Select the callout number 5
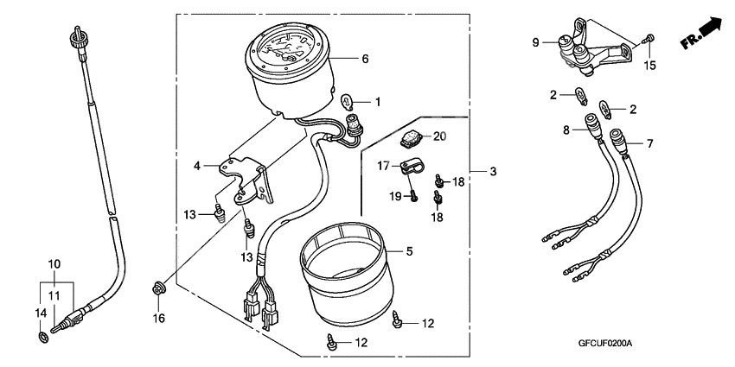tap(411, 251)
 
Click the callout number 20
tap(439, 136)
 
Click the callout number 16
tap(158, 319)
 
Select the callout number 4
tap(197, 164)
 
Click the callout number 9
tap(535, 41)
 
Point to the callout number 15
tap(653, 66)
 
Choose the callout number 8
tap(567, 131)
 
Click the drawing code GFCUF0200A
tap(606, 343)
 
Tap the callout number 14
tap(40, 312)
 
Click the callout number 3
tap(492, 172)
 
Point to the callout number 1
tap(376, 101)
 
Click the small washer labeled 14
tap(42, 335)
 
